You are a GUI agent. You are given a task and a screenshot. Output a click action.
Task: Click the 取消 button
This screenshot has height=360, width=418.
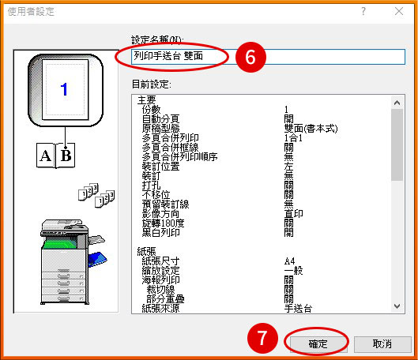(x=383, y=344)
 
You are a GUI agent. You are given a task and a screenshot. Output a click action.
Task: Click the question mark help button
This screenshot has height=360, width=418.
(x=363, y=12)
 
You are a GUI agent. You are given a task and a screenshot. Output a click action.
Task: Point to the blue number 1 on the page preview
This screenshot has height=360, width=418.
(x=64, y=89)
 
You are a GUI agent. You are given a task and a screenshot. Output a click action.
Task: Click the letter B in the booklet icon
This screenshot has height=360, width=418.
(x=66, y=155)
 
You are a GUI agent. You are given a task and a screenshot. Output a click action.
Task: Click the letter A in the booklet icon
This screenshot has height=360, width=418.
(x=47, y=155)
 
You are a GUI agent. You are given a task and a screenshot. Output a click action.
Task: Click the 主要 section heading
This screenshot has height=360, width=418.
(x=146, y=100)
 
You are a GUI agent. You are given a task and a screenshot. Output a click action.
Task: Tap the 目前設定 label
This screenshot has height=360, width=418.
(x=153, y=83)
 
